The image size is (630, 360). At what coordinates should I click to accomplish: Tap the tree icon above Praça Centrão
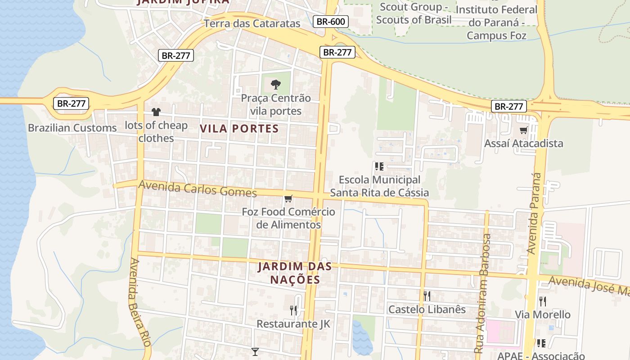275,84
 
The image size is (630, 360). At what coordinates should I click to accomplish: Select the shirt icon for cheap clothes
156,112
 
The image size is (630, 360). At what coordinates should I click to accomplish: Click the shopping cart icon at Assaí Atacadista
523,130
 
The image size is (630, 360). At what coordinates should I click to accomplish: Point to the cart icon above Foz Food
288,198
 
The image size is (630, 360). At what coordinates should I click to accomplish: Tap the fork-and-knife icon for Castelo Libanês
427,296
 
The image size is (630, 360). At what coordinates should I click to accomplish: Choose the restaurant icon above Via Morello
543,301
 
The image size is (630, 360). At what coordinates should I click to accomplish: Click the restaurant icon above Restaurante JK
293,310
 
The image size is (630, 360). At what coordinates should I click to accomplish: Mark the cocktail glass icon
255,351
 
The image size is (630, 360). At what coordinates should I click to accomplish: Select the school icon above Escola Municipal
379,166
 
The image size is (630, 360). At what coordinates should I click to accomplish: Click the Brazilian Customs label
72,128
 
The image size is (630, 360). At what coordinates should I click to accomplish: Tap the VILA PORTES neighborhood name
239,128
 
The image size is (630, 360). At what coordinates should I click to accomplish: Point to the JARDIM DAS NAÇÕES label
295,273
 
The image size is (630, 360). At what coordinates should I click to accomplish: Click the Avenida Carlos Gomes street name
198,189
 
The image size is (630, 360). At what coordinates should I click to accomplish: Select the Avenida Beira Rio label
139,302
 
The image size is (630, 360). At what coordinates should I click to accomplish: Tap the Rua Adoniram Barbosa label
482,293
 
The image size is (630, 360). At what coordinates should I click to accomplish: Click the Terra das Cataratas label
252,23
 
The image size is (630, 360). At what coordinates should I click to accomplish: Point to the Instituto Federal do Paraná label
496,22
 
